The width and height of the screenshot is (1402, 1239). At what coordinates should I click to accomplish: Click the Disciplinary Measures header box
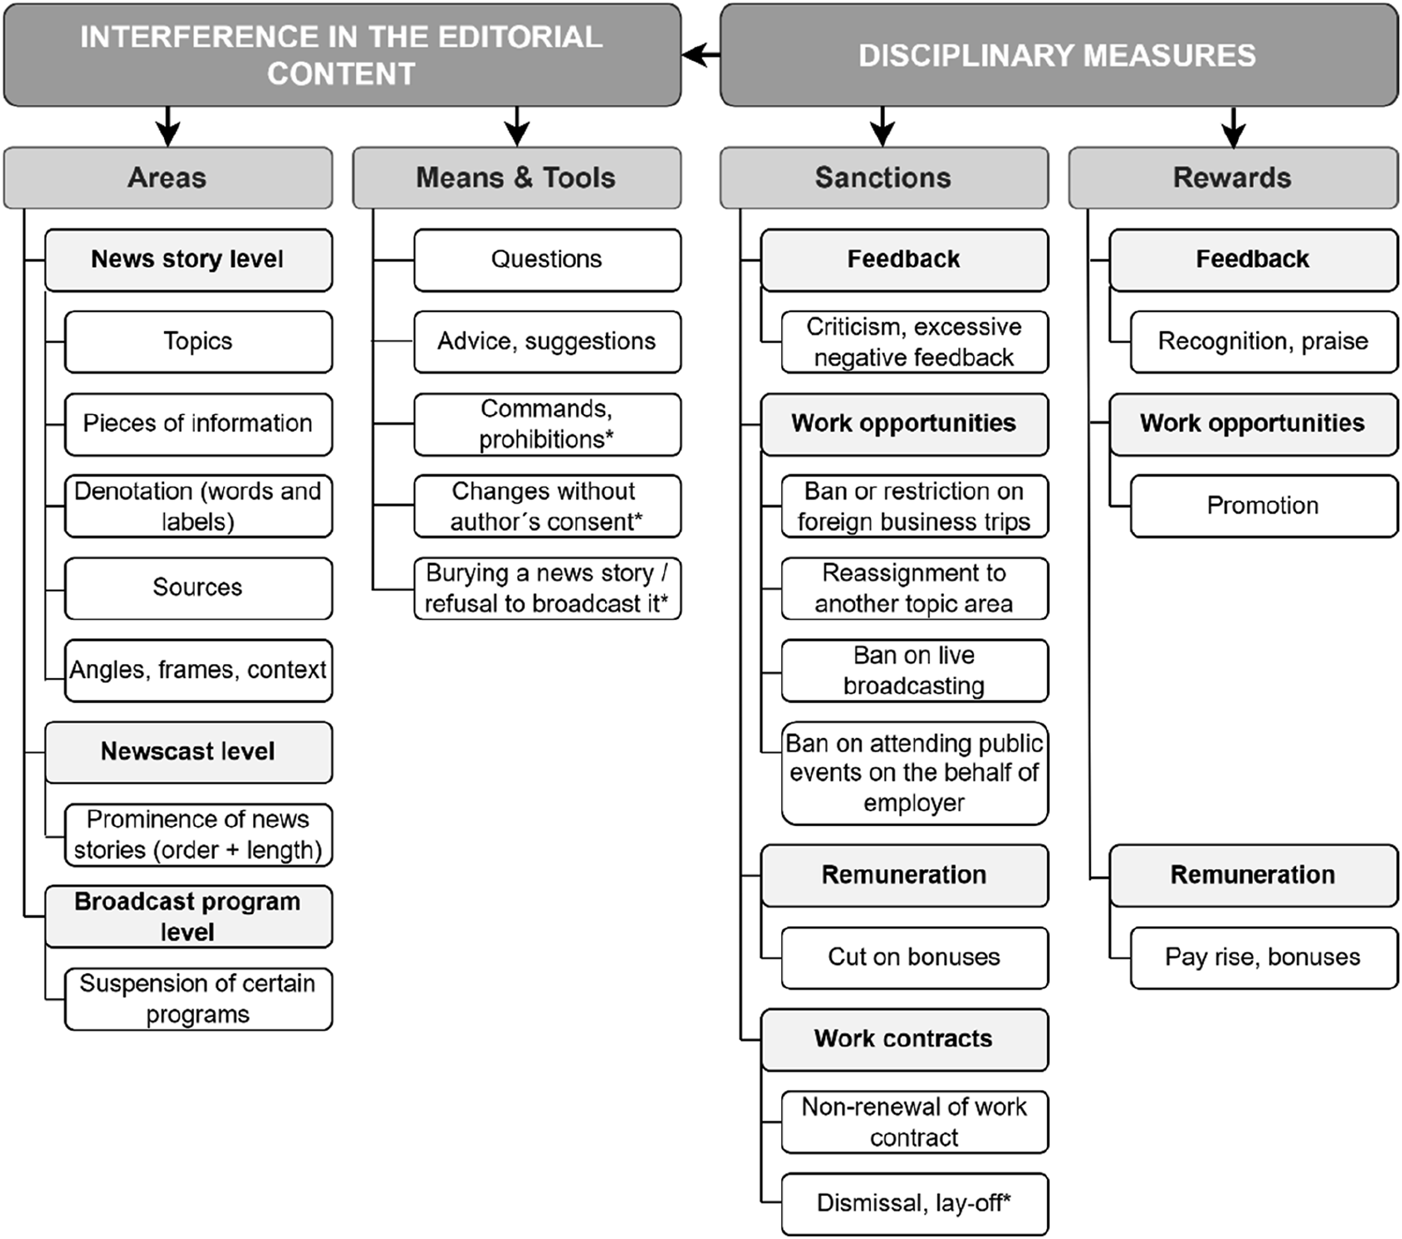pyautogui.click(x=1058, y=55)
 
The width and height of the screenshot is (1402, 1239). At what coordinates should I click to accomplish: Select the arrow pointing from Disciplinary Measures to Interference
pyautogui.click(x=701, y=55)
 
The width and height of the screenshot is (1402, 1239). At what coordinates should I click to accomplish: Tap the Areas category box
pyautogui.click(x=168, y=178)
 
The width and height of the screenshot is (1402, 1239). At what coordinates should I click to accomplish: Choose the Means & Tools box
pyautogui.click(x=516, y=178)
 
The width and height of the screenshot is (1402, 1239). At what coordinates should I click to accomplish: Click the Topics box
pyautogui.click(x=198, y=342)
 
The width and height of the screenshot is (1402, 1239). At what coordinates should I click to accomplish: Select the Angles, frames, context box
pyautogui.click(x=198, y=670)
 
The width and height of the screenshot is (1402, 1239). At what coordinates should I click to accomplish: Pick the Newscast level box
pyautogui.click(x=189, y=752)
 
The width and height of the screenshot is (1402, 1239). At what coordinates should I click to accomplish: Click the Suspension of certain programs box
pyautogui.click(x=198, y=999)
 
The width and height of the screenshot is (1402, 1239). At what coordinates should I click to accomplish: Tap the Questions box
pyautogui.click(x=547, y=260)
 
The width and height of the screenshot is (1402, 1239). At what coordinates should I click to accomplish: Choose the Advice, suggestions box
pyautogui.click(x=547, y=342)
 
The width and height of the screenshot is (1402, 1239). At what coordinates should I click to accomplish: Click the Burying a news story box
pyautogui.click(x=547, y=588)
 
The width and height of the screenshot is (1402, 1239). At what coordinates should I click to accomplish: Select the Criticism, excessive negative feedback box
pyautogui.click(x=914, y=342)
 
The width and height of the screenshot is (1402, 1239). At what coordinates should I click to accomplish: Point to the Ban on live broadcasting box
pyautogui.click(x=914, y=670)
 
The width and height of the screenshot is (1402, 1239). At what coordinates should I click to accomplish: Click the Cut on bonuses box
pyautogui.click(x=914, y=958)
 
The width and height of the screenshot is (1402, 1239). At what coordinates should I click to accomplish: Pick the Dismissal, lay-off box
pyautogui.click(x=914, y=1204)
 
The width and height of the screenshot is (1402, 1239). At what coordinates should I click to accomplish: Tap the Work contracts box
pyautogui.click(x=904, y=1039)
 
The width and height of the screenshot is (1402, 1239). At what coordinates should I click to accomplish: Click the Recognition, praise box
pyautogui.click(x=1263, y=342)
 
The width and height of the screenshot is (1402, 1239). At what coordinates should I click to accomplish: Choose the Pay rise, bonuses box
pyautogui.click(x=1263, y=958)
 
